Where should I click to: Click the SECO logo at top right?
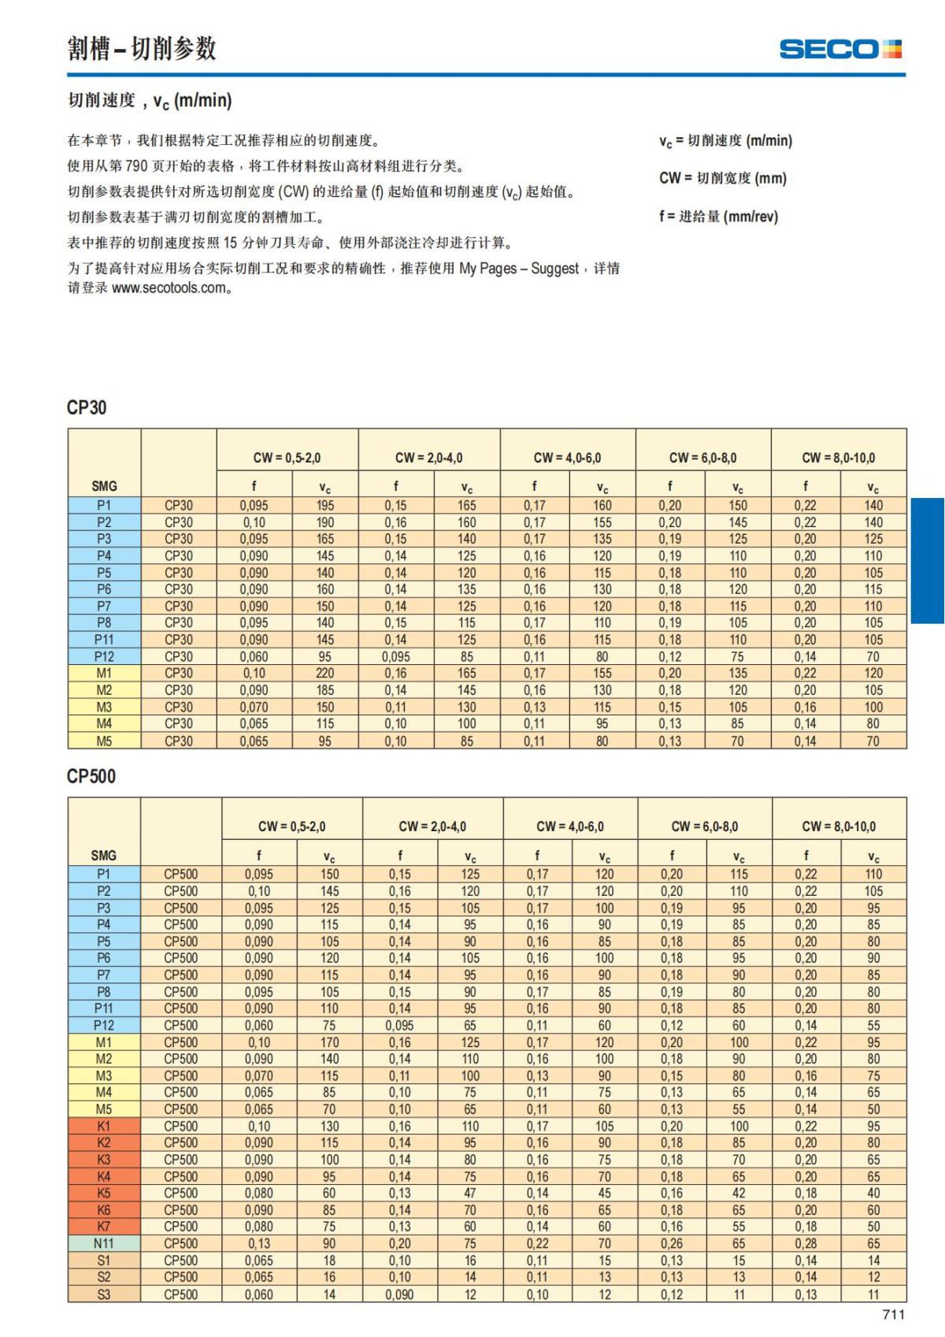click(840, 49)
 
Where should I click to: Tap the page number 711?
click(893, 1314)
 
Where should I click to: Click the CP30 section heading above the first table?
click(87, 407)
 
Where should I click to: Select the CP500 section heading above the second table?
click(91, 776)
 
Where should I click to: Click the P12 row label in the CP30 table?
click(104, 656)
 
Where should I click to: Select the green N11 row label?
click(104, 1243)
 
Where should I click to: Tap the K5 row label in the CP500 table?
click(104, 1193)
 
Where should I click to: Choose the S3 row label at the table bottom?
click(104, 1294)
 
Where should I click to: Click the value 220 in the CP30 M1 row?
click(324, 673)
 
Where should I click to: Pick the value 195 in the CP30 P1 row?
click(324, 505)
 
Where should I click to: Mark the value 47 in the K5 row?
click(470, 1193)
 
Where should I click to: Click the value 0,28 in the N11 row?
click(806, 1243)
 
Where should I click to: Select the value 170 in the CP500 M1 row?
click(329, 1042)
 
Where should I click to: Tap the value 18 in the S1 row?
click(329, 1260)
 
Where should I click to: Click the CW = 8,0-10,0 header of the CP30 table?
click(838, 458)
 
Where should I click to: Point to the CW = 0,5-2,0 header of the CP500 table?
click(291, 826)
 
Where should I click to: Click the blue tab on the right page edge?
click(928, 560)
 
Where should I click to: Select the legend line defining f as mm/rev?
click(718, 216)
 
